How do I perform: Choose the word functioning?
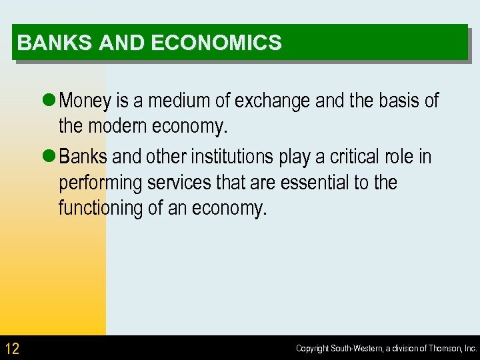100,208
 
